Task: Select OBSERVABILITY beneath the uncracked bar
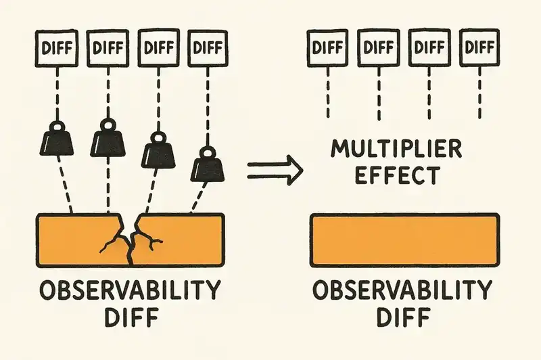(403, 292)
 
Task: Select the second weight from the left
(108, 141)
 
